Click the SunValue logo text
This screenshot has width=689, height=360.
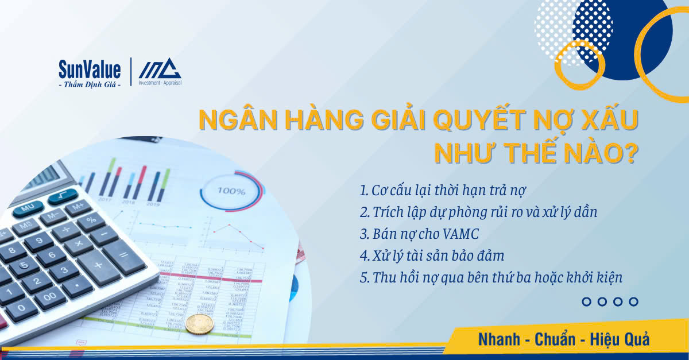[x=90, y=70]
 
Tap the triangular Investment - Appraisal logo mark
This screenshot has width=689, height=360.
[x=160, y=68]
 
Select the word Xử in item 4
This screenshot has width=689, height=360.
[x=381, y=256]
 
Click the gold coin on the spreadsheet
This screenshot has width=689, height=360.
[x=199, y=324]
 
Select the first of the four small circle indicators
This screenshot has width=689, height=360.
[x=587, y=301]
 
